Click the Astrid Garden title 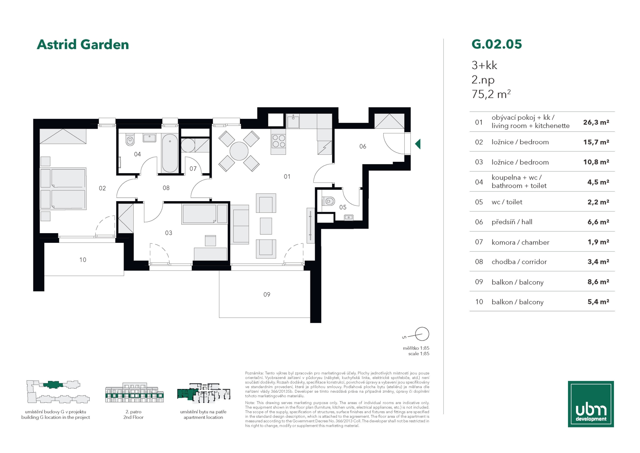pos(83,44)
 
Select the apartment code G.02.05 pos(497,44)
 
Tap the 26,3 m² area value pos(596,122)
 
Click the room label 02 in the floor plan pos(102,188)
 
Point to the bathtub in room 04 pos(170,153)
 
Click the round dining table pos(239,151)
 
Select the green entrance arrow pos(418,144)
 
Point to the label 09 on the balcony pos(267,295)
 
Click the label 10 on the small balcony pos(83,260)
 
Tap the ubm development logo pos(591,404)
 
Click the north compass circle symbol pos(422,334)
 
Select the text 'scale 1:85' pos(419,354)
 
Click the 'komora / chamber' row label pos(520,242)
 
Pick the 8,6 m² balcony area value pos(598,282)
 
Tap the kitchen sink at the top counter pos(293,121)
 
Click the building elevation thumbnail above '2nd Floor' pos(134,392)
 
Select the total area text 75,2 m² pos(491,94)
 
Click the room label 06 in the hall pos(363,146)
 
